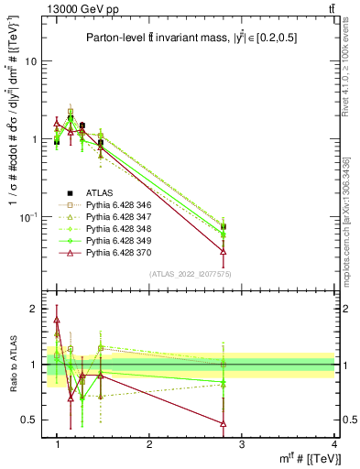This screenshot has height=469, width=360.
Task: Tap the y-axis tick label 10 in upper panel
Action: [30, 61]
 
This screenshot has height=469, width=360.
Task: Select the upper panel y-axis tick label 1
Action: [34, 139]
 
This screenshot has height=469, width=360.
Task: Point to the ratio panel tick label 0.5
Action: [29, 420]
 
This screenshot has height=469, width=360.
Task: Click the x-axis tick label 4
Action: [333, 444]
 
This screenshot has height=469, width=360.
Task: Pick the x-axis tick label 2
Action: [149, 444]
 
